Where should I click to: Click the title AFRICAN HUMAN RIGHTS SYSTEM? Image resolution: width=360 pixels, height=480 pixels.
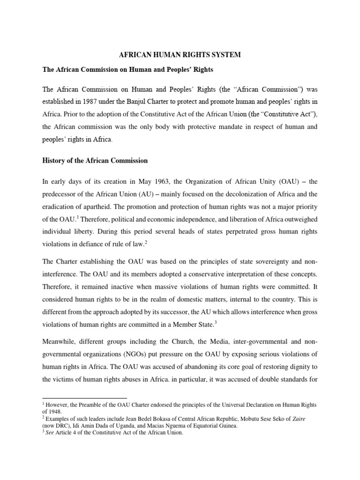pyautogui.click(x=180, y=55)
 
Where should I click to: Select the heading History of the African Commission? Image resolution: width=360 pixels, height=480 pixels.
pyautogui.click(x=95, y=161)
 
